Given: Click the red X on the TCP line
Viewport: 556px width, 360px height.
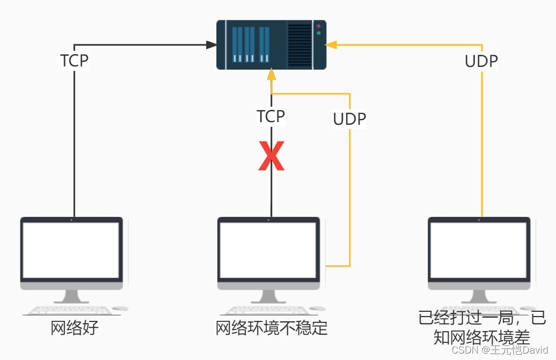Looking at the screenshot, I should tap(271, 156).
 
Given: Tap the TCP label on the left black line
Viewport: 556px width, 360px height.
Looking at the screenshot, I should tap(74, 61).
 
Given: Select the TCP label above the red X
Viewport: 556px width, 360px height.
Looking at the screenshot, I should tap(271, 116).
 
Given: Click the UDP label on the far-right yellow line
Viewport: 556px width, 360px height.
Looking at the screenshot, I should tap(481, 61).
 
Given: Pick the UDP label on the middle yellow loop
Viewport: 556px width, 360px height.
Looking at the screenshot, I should tap(349, 119).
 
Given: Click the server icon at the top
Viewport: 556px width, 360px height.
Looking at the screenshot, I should tap(271, 45).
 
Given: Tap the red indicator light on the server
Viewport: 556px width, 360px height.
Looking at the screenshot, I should tap(319, 26).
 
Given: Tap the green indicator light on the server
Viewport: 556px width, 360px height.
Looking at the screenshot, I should tap(319, 33).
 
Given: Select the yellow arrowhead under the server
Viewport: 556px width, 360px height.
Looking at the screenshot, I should tap(272, 74).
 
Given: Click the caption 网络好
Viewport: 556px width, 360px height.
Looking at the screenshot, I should tap(74, 328).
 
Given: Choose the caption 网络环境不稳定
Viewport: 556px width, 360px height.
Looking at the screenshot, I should tap(271, 328).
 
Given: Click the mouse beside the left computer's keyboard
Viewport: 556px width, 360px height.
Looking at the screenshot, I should tap(121, 309).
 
